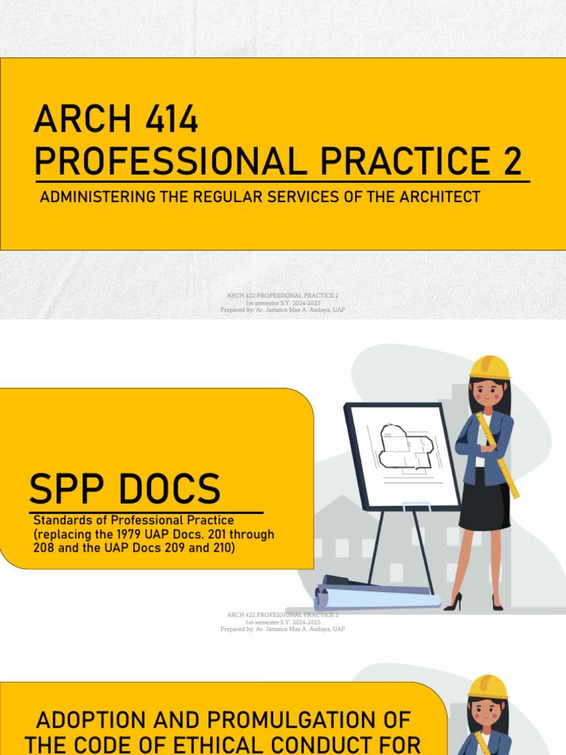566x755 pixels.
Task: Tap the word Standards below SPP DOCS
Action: pyautogui.click(x=63, y=521)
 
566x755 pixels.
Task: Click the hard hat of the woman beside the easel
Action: pyautogui.click(x=490, y=367)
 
